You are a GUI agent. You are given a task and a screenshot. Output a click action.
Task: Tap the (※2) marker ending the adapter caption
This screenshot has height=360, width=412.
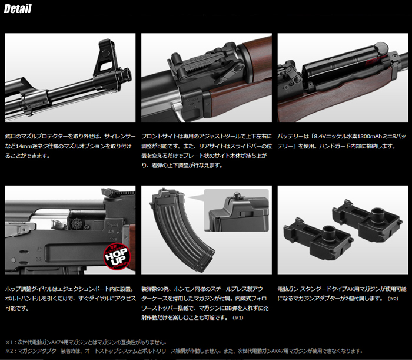tap(393, 299)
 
